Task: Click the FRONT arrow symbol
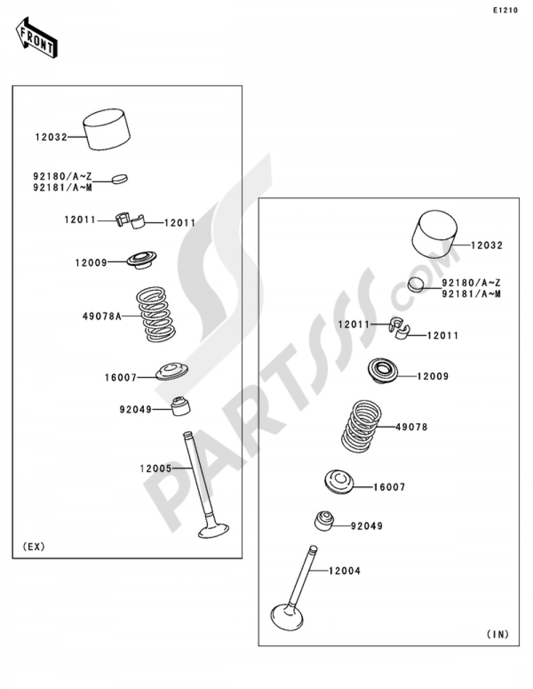[x=36, y=37]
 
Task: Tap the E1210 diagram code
[x=505, y=11]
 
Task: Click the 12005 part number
[x=156, y=468]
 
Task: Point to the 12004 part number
[x=345, y=571]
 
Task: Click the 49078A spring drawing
[x=156, y=314]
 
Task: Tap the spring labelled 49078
[x=361, y=426]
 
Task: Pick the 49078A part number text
[x=102, y=316]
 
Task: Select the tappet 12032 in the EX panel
[x=107, y=129]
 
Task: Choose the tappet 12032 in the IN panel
[x=434, y=233]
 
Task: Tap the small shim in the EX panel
[x=120, y=178]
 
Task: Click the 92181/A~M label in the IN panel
[x=471, y=294]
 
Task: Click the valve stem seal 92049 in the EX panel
[x=181, y=406]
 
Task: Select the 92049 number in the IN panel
[x=367, y=526]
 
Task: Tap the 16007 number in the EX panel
[x=120, y=378]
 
